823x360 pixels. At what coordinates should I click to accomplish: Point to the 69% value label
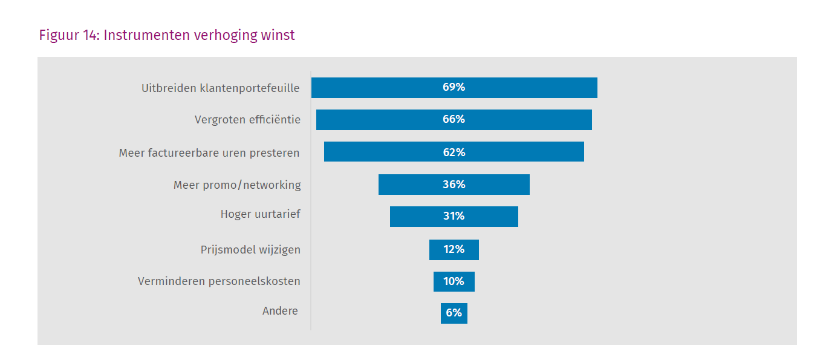click(454, 87)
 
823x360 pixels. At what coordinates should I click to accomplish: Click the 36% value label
click(454, 185)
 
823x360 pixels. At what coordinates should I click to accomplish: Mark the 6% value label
click(454, 313)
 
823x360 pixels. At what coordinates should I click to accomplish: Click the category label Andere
click(280, 311)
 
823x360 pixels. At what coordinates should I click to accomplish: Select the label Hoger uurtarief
click(260, 214)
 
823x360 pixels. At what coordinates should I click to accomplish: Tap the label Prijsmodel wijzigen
click(250, 249)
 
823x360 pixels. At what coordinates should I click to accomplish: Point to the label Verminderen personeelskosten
click(219, 281)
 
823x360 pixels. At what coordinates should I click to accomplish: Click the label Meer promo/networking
click(237, 185)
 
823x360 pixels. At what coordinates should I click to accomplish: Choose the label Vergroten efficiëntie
click(247, 120)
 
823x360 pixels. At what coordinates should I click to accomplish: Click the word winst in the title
click(278, 35)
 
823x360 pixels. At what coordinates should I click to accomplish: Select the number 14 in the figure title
click(91, 35)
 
